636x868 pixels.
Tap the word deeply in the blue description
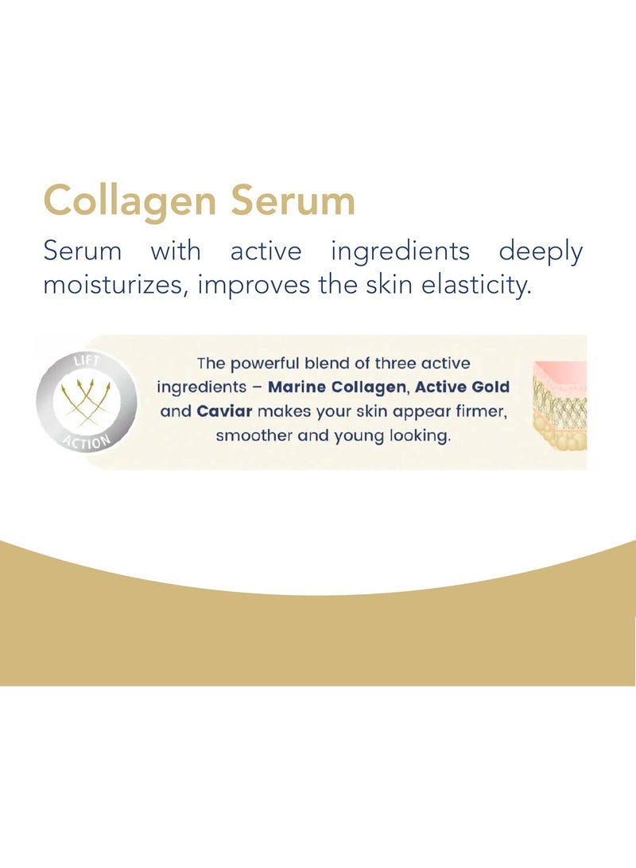click(541, 252)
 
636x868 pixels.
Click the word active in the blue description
click(266, 252)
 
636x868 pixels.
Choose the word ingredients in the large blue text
click(400, 252)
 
